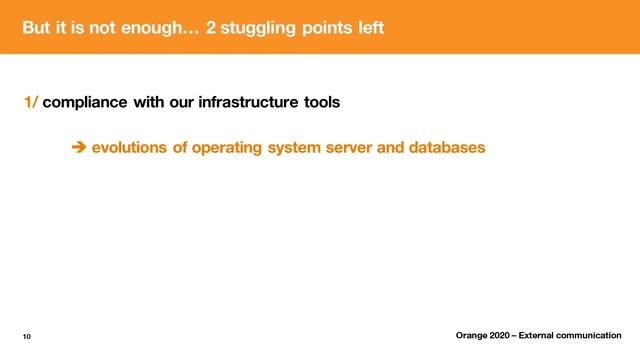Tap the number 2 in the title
coord(211,27)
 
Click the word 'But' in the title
coord(37,27)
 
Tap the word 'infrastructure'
coord(232,102)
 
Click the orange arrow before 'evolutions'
coord(79,148)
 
